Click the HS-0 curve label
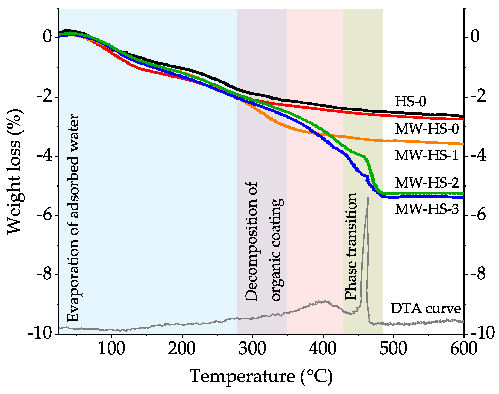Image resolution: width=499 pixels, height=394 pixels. pos(410,102)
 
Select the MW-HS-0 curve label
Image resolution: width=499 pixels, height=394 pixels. pos(427,129)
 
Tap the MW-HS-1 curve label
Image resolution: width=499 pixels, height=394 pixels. pos(427,155)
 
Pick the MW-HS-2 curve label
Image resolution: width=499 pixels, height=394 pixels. pos(427,183)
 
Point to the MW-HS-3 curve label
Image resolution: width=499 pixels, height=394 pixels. pos(427,209)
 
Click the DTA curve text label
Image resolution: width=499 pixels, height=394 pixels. pos(425,308)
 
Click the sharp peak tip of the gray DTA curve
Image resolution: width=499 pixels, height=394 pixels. pos(368,198)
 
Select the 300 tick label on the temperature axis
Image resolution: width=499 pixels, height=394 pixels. pos(252,349)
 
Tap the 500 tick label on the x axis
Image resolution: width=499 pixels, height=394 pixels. pos(393,349)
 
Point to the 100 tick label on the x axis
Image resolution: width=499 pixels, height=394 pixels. pos(111,349)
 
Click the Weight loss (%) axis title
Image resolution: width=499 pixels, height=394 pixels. pos(14,172)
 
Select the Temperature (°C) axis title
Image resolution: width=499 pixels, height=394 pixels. pos(261,377)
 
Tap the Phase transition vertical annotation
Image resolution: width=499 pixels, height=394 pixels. pos(351,246)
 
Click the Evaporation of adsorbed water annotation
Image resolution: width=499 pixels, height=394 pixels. pos(74,218)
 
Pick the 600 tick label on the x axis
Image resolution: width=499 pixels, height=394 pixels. pos(463,349)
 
